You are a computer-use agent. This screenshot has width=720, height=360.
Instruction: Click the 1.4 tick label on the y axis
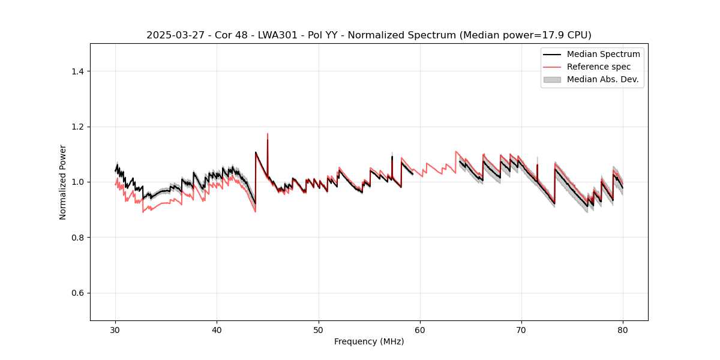(78, 71)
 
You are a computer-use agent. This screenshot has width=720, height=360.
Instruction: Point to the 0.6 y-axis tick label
(78, 293)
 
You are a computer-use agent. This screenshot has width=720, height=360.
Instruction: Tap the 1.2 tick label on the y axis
(78, 127)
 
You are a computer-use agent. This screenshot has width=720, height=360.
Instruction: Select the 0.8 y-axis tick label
(78, 238)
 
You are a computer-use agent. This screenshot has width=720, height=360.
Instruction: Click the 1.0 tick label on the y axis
(78, 182)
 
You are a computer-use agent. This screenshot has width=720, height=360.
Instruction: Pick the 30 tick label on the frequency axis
(116, 330)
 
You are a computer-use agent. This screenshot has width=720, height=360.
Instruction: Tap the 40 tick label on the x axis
(217, 330)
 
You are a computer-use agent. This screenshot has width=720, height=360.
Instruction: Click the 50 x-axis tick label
(319, 330)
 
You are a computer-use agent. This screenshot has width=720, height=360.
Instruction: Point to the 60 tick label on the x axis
(420, 330)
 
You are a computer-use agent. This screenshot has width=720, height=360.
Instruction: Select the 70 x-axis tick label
(521, 330)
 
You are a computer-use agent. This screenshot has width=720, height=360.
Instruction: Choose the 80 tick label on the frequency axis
(623, 330)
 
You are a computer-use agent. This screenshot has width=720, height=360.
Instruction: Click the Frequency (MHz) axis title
(369, 341)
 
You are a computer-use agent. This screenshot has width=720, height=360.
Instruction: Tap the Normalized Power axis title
(63, 182)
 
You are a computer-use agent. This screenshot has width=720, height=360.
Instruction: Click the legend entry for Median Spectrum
(603, 54)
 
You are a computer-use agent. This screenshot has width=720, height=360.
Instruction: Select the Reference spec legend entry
(599, 67)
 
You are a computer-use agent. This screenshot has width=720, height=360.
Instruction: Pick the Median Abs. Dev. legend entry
(602, 79)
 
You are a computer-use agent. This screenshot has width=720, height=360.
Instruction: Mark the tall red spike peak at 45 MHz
(268, 134)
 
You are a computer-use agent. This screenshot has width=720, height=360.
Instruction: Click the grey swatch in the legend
(552, 79)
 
